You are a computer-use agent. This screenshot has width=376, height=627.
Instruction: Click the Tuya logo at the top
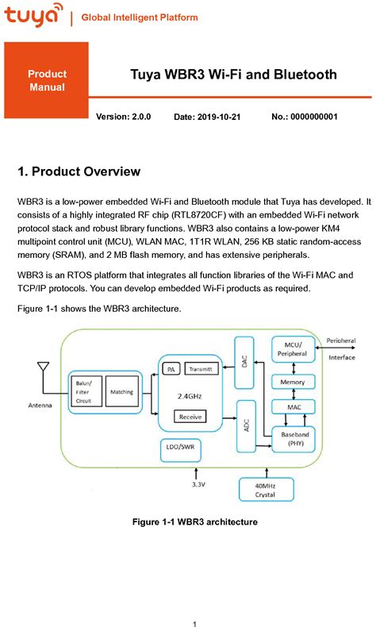(x=33, y=15)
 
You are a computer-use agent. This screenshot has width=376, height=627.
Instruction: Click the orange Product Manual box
(x=47, y=80)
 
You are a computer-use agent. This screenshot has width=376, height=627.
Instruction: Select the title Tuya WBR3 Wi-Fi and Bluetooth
(x=233, y=75)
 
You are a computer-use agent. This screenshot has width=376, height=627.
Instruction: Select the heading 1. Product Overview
(x=79, y=171)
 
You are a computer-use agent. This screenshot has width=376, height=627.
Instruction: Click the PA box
(x=171, y=369)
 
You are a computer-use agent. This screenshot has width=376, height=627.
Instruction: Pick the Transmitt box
(x=201, y=369)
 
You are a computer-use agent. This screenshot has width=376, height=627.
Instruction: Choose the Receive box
(x=190, y=416)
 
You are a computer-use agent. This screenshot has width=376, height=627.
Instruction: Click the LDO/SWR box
(x=182, y=448)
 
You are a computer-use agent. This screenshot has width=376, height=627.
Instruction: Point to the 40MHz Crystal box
(x=264, y=490)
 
